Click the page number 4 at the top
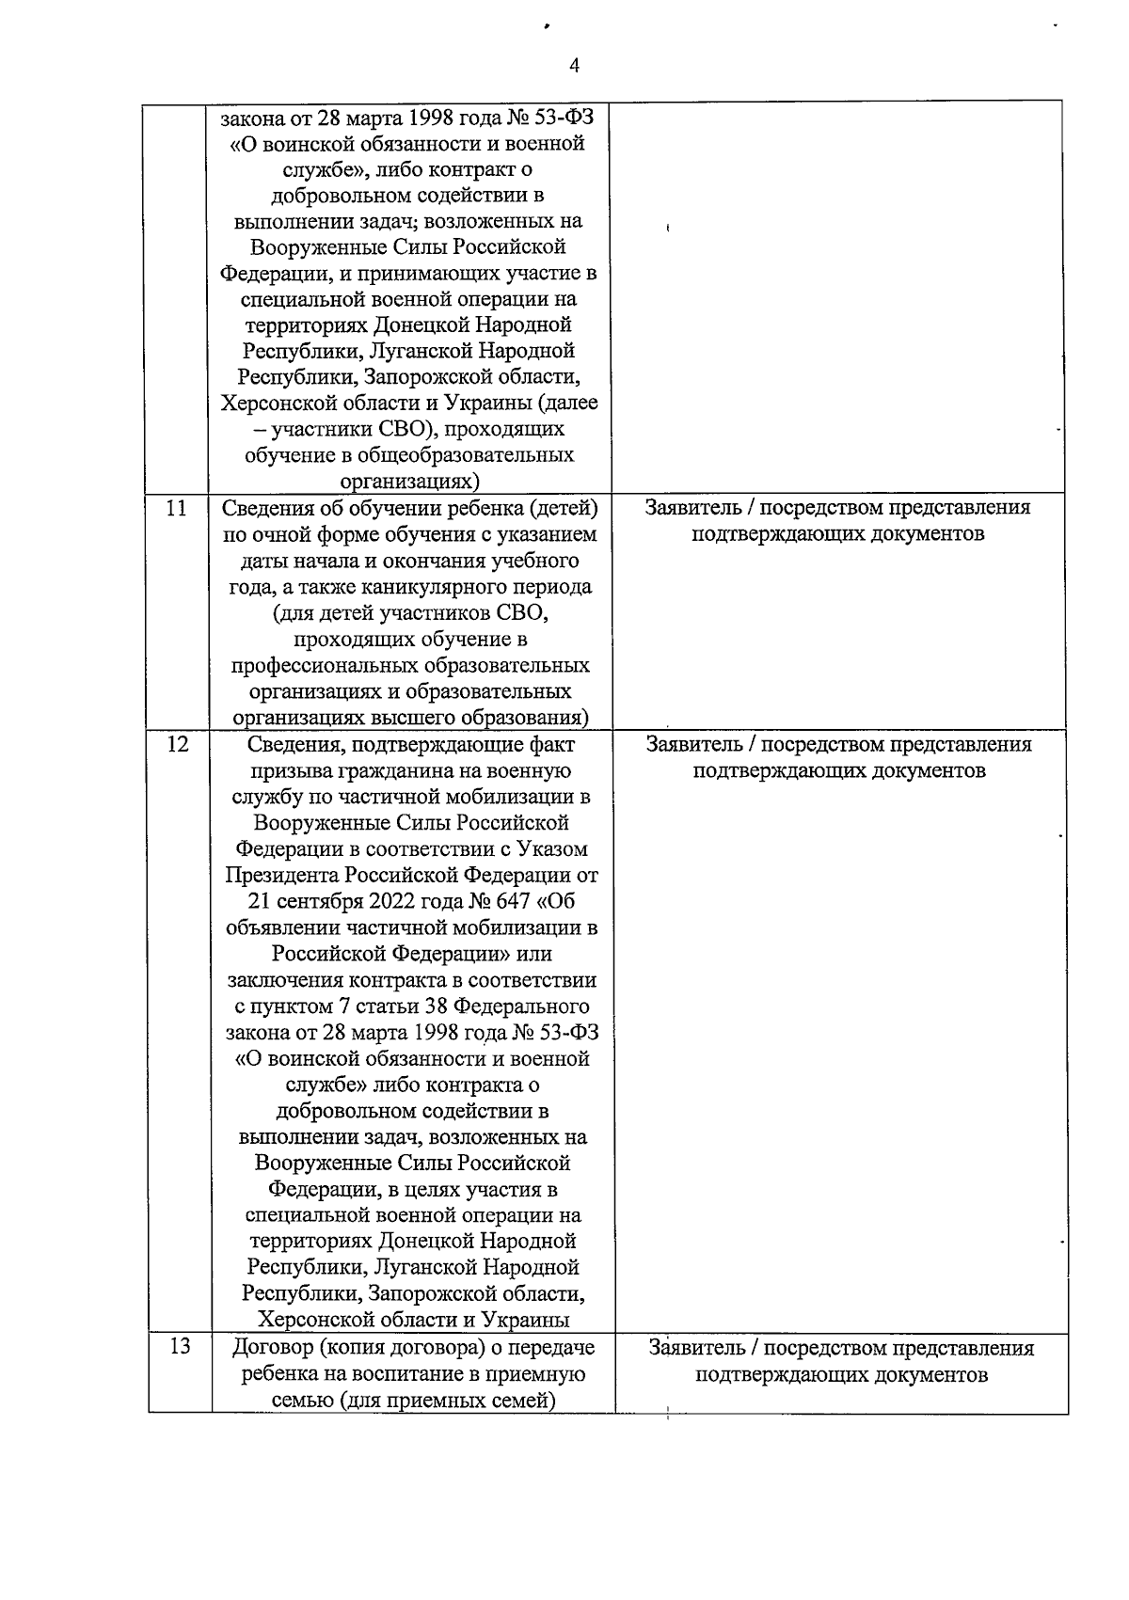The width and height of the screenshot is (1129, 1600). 575,64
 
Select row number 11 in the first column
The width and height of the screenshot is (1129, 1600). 176,508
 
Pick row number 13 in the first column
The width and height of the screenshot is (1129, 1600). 179,1346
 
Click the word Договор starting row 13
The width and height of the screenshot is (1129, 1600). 274,1348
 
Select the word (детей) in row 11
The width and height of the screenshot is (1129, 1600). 562,508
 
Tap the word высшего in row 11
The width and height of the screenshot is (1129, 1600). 417,718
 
